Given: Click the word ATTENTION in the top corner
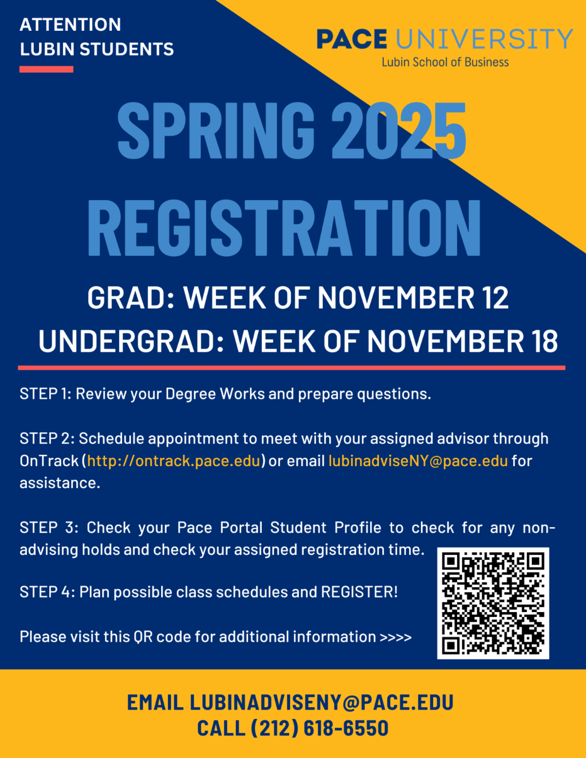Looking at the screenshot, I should click(x=70, y=25).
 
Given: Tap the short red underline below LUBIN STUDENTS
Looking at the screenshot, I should click(x=46, y=69).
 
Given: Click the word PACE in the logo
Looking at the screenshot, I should click(x=352, y=40).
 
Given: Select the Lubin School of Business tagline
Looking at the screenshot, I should click(x=445, y=62).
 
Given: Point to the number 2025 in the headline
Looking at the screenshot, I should click(x=398, y=131).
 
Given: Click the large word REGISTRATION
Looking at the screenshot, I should click(x=284, y=228).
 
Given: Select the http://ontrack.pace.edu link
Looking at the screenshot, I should click(x=174, y=461).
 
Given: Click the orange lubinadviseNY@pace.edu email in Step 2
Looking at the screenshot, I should click(x=418, y=461).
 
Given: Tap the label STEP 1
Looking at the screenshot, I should click(x=45, y=394).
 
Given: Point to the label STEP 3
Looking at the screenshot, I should click(x=48, y=528).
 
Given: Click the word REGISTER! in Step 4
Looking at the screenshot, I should click(x=359, y=592).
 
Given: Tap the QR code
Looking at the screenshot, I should click(x=493, y=603).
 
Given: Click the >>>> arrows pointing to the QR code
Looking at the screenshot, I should click(x=396, y=637).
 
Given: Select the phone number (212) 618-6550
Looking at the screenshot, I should click(x=319, y=728).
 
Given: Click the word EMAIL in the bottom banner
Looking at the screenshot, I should click(x=155, y=702).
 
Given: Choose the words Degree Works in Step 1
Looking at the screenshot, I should click(x=215, y=394).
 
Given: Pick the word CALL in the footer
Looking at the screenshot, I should click(x=221, y=728).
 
